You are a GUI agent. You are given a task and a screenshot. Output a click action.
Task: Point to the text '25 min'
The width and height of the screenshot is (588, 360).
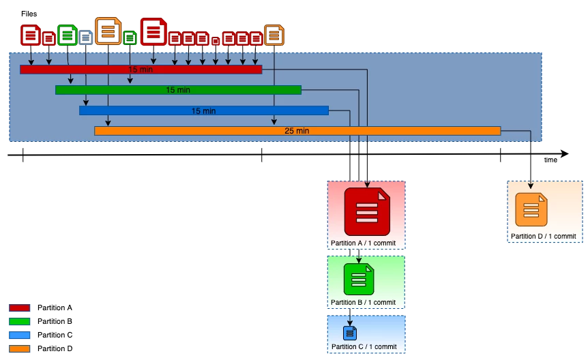297,131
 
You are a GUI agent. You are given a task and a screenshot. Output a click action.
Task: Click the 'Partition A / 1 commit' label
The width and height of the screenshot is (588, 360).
363,243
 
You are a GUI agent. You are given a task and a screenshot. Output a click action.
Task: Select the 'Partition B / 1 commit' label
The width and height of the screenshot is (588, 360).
363,302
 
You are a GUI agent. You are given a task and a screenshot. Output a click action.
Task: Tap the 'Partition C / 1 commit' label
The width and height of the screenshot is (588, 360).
364,347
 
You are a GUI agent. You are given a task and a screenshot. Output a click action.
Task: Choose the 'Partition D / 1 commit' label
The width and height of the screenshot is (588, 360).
543,237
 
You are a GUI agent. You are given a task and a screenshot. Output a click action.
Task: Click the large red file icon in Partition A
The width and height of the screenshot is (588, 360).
366,211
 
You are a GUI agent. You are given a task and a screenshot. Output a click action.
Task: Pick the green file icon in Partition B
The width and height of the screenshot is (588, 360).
359,278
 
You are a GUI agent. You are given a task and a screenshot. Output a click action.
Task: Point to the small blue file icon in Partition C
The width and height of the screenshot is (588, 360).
350,333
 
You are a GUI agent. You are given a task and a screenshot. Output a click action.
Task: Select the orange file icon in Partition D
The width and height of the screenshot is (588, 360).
531,210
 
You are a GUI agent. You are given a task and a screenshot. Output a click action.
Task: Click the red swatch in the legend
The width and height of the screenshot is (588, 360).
19,308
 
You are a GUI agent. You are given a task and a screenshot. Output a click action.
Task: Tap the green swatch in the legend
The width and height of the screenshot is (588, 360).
19,321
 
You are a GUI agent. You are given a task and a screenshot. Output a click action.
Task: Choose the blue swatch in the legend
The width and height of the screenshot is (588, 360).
19,335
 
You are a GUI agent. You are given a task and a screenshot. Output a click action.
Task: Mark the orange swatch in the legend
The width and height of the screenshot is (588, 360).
19,348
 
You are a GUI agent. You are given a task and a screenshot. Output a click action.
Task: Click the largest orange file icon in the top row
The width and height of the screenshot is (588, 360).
108,31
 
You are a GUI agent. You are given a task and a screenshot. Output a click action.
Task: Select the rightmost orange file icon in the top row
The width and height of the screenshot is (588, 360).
274,35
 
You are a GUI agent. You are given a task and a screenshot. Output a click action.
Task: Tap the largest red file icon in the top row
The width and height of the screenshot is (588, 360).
153,31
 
